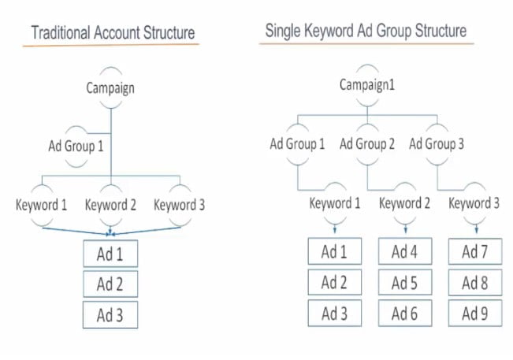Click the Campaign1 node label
pos(366,85)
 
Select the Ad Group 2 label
pos(366,143)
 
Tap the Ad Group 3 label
pos(437,143)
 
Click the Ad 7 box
pos(475,251)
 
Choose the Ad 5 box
pos(405,283)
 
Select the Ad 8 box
pos(475,283)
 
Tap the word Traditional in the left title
pos(61,33)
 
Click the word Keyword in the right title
pos(329,32)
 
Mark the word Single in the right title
pos(283,32)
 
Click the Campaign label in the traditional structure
pos(110,88)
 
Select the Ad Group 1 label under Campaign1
pos(297,143)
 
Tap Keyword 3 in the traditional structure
pos(180,205)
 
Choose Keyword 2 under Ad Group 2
pos(404,203)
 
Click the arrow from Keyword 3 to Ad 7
pos(476,228)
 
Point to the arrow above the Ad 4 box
pos(406,228)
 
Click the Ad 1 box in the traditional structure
pos(110,254)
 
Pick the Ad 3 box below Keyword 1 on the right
pos(335,314)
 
